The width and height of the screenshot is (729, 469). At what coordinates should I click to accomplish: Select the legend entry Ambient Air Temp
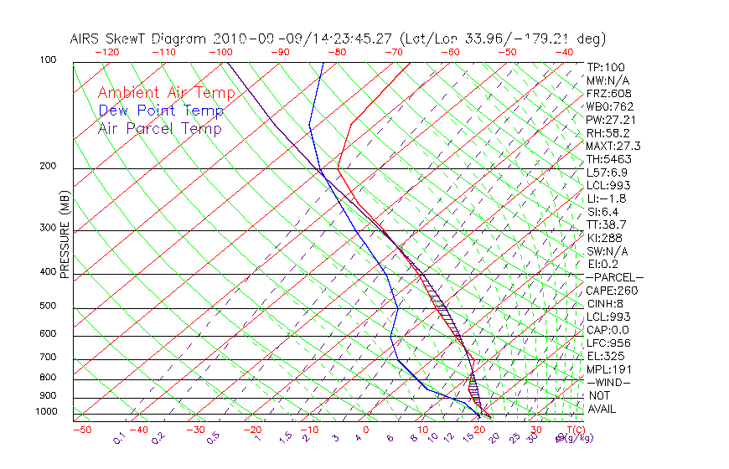pos(160,94)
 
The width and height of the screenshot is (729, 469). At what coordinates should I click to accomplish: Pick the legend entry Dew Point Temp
pos(160,111)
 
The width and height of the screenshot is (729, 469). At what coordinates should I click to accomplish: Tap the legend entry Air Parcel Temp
pos(159,129)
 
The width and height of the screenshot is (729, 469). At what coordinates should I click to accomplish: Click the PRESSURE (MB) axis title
pos(65,237)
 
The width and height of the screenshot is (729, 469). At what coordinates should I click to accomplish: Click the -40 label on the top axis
pos(564,52)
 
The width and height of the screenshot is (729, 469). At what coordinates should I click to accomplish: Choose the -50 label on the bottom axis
pos(81,430)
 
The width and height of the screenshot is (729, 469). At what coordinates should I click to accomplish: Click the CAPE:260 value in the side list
pos(612,291)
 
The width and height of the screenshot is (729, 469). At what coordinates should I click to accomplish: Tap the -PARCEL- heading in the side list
pos(614,277)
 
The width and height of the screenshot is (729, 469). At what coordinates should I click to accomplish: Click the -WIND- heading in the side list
pos(609,382)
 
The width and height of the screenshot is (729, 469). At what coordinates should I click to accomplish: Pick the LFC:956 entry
pos(608,343)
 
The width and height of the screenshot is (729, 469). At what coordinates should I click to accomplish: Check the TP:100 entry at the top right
pos(606,68)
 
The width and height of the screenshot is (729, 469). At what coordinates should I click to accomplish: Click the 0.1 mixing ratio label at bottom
pos(120,438)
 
